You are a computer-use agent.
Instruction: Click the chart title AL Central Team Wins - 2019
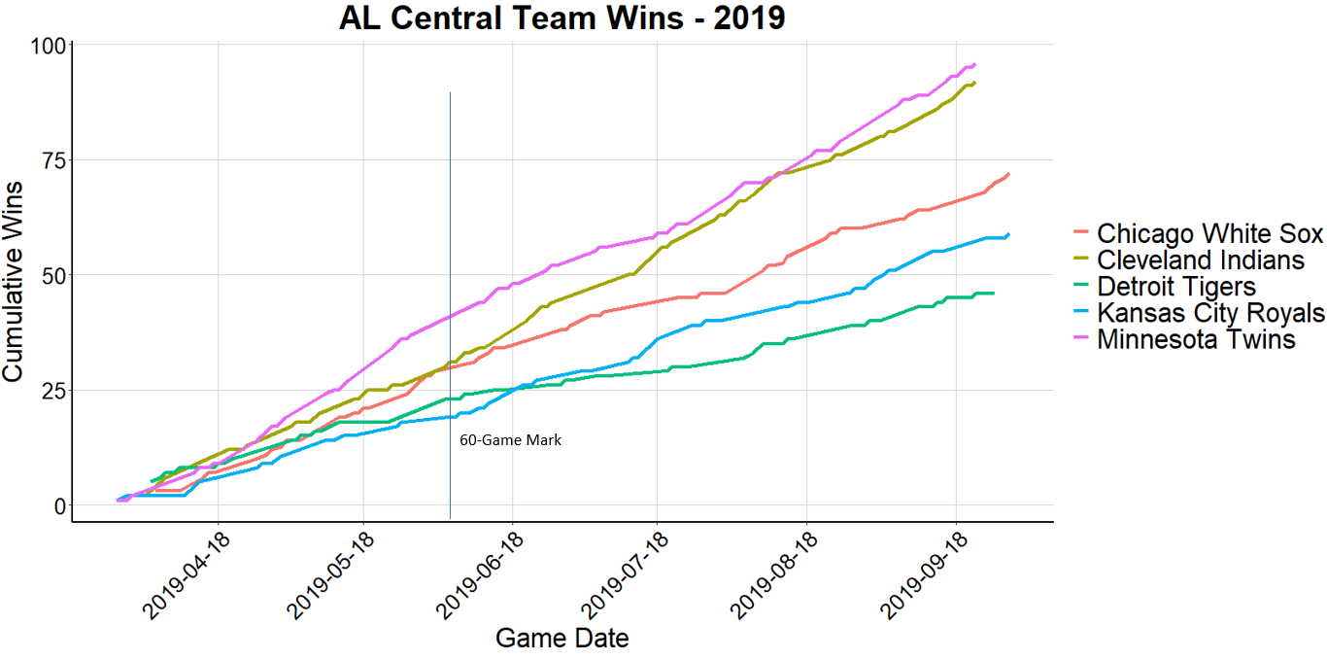click(561, 18)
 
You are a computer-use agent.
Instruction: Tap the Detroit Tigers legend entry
click(1176, 287)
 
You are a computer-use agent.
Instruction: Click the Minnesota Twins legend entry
click(1196, 339)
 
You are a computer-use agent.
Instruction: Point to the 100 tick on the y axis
click(48, 46)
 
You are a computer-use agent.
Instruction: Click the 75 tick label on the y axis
click(52, 160)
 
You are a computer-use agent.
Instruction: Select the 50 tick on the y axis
click(52, 275)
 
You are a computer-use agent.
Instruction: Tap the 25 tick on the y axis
click(52, 391)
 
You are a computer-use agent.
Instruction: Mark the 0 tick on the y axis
click(58, 506)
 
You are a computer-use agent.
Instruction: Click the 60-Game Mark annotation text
click(510, 440)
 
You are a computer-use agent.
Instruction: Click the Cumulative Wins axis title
click(16, 280)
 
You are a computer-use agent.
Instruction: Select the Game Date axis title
click(561, 639)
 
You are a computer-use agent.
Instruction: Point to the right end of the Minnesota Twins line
click(974, 64)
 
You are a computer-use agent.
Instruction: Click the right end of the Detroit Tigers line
click(993, 293)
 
